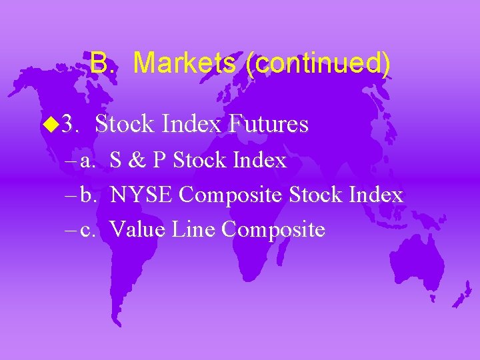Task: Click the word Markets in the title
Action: [x=185, y=63]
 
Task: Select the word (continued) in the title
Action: [x=317, y=64]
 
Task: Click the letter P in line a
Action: [x=160, y=161]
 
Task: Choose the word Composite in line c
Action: [x=273, y=230]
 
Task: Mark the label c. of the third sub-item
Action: [x=88, y=230]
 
